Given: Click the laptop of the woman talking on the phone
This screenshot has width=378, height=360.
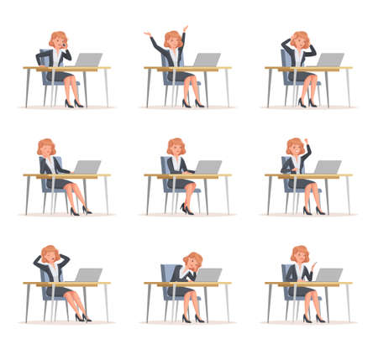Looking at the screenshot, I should tap(87, 60).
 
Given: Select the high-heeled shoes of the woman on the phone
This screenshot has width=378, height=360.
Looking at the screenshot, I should tap(73, 104).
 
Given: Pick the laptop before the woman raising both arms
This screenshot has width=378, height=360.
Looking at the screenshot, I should tap(207, 60).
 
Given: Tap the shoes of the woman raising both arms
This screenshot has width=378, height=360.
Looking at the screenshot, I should tap(192, 104).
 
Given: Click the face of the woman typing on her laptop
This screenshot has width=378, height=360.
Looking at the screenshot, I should tap(176, 149).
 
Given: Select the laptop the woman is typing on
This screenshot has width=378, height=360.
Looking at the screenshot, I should tap(207, 166).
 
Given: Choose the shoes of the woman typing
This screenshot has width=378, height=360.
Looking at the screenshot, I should tap(186, 208).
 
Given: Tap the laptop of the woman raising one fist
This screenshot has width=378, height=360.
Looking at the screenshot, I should tap(328, 166).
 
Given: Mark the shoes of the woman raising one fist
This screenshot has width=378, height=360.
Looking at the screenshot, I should tap(312, 210).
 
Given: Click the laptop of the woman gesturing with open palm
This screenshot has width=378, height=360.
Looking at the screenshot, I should tap(329, 274).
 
